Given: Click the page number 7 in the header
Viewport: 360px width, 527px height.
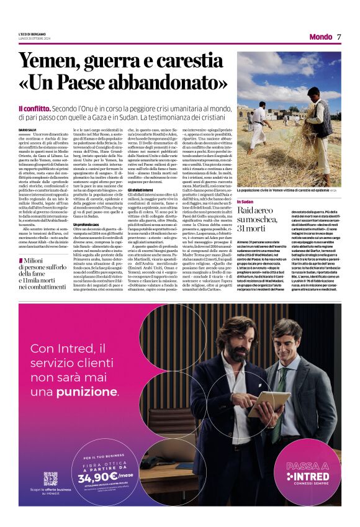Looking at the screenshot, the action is coord(340,37).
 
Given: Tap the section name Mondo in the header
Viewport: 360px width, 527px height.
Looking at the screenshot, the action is coord(320,37).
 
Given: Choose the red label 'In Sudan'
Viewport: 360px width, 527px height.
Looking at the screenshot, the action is coord(246,184).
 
